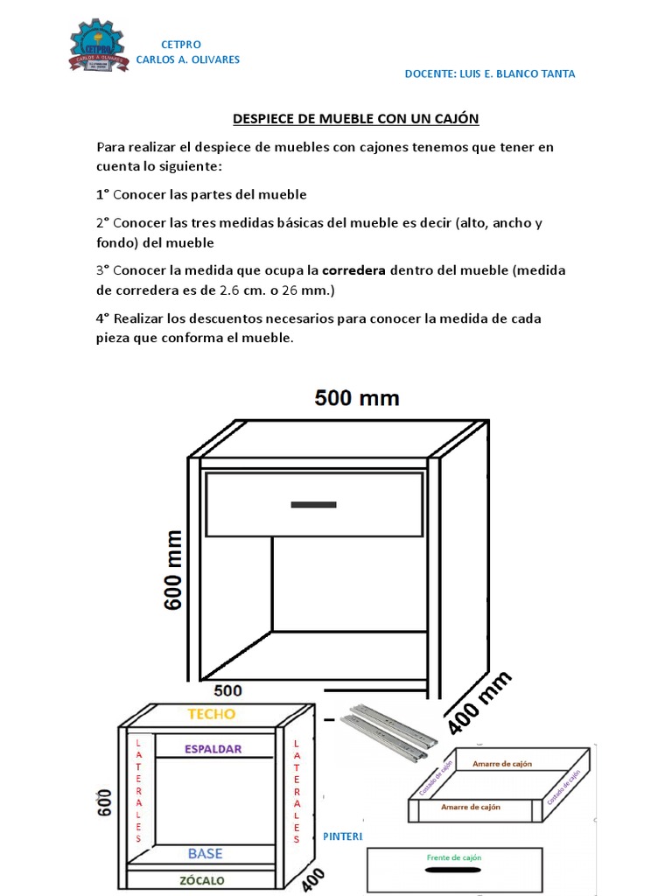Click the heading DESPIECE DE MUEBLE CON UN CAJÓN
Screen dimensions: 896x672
[355, 118]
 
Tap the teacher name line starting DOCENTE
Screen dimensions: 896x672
[489, 74]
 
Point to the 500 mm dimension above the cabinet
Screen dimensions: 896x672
[357, 398]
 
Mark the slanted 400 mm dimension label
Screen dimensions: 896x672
[479, 703]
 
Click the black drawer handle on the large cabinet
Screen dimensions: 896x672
[313, 504]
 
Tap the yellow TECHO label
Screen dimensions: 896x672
[212, 714]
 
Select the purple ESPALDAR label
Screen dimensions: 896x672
[213, 749]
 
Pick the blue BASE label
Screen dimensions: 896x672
[206, 853]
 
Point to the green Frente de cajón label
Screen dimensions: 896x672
[453, 858]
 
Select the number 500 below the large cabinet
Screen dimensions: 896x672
[227, 690]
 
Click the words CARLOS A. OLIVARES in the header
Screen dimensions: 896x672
[187, 59]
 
